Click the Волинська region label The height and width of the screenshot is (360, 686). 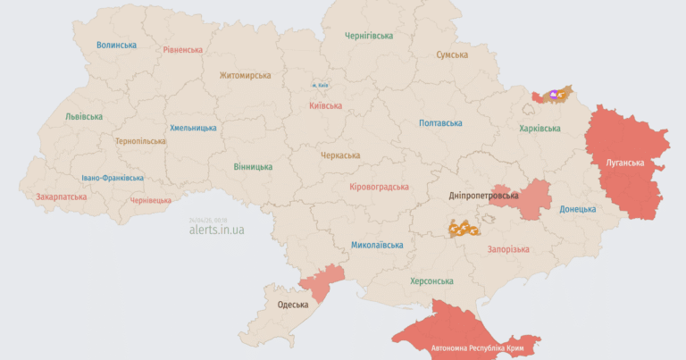116,45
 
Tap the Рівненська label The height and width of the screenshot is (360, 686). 182,50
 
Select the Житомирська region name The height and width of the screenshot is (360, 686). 245,76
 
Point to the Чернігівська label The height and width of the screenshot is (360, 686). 369,36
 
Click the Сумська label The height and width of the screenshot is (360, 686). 452,55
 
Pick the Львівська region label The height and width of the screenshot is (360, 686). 83,117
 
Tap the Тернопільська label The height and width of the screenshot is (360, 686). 140,141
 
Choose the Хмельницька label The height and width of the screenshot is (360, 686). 193,128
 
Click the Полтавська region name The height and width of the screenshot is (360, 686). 440,123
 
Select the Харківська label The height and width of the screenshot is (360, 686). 540,129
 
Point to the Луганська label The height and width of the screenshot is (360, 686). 624,163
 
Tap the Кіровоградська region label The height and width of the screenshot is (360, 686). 379,188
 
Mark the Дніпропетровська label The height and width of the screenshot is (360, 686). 483,195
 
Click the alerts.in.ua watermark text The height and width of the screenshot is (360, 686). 216,230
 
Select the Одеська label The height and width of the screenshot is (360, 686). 293,305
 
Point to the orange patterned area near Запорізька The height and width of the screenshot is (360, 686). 464,228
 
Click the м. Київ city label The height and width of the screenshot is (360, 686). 321,85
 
